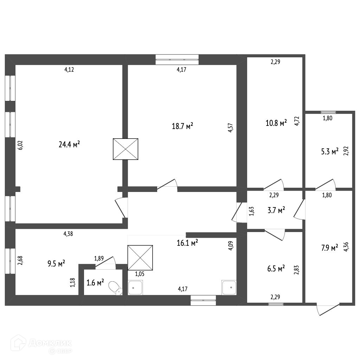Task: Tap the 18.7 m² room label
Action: (182, 126)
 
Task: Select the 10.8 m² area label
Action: (276, 123)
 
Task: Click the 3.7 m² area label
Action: (276, 211)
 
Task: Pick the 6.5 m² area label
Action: (276, 269)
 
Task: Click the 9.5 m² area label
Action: (56, 263)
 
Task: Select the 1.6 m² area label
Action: (95, 282)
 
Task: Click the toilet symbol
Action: (115, 288)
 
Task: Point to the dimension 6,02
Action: (20, 145)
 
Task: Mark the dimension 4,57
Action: (230, 127)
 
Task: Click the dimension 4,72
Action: (297, 120)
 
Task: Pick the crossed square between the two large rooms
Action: (126, 149)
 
